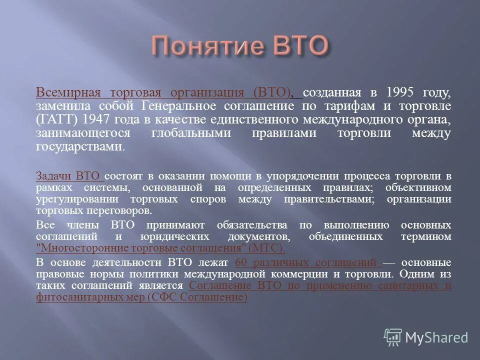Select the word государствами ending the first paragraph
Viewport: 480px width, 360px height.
click(79, 147)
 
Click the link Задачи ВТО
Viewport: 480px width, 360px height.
click(69, 176)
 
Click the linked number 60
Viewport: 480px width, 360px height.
click(240, 262)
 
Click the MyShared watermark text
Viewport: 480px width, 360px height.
click(436, 337)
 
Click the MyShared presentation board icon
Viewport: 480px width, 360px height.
click(393, 336)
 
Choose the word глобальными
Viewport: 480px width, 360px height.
click(190, 133)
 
